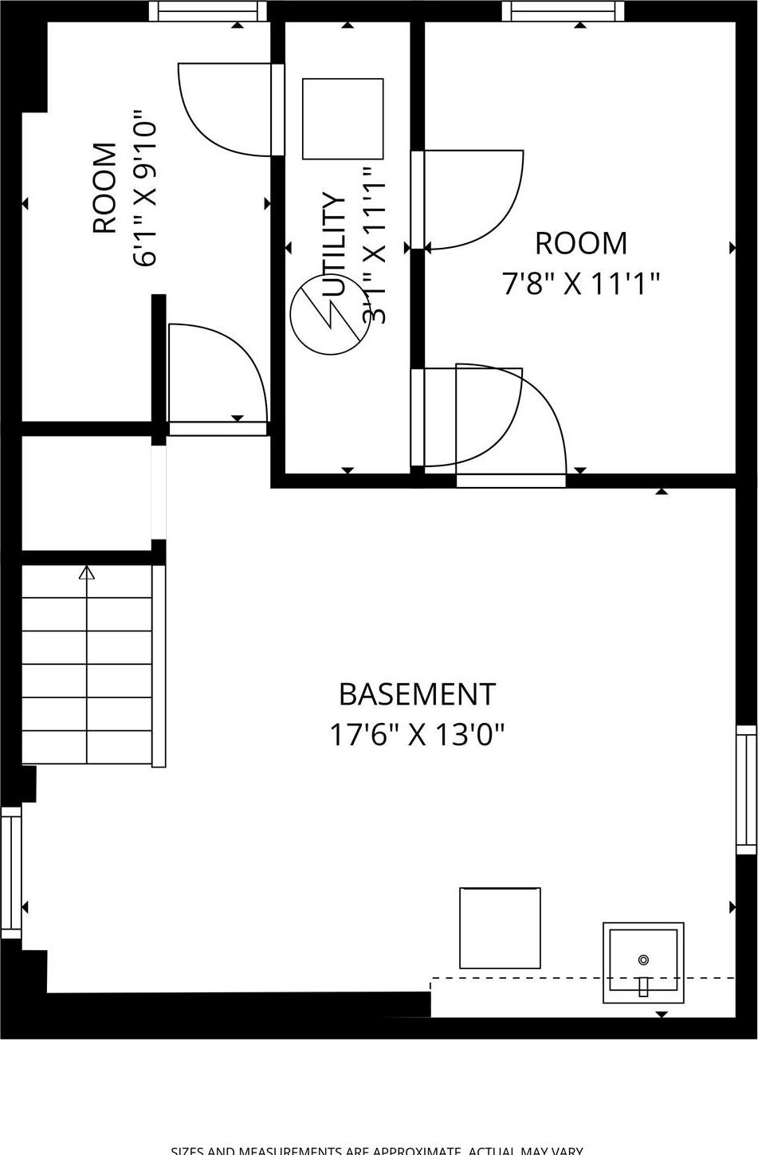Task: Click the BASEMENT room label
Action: coord(417,694)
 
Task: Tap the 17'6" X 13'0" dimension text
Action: coord(417,734)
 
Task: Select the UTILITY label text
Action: coord(336,244)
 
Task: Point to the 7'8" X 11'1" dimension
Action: coord(581,283)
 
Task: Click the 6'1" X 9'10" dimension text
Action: coord(144,188)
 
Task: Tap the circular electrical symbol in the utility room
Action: coord(329,316)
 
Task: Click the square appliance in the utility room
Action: coord(343,119)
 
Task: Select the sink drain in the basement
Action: coord(643,960)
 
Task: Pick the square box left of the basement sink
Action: coord(500,928)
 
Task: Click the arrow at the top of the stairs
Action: coord(87,572)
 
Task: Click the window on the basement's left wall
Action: coord(11,872)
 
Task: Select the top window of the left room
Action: coord(209,10)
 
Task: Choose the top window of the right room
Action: coord(563,10)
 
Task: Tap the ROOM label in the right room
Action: coord(581,243)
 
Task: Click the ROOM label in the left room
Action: coord(104,188)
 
